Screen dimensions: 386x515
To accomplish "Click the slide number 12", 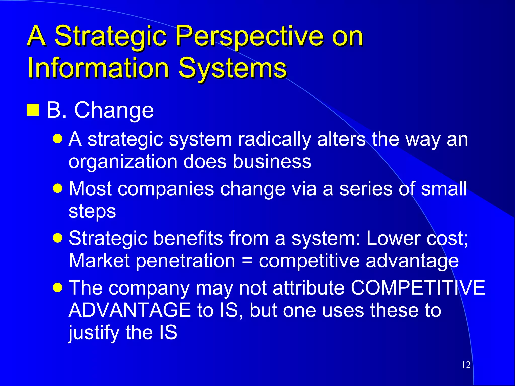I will (466, 365).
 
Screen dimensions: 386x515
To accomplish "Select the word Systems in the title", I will (232, 68).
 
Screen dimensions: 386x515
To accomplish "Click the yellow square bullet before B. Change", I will (33, 110).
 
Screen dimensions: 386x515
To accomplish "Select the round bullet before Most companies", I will (58, 188).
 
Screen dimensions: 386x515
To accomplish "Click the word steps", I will (92, 211).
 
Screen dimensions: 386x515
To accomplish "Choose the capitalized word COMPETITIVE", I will (418, 288).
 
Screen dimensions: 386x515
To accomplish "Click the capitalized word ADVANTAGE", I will (130, 310).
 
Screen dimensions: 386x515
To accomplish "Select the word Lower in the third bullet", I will (388, 238).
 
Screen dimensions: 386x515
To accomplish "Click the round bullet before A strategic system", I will (58, 139).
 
